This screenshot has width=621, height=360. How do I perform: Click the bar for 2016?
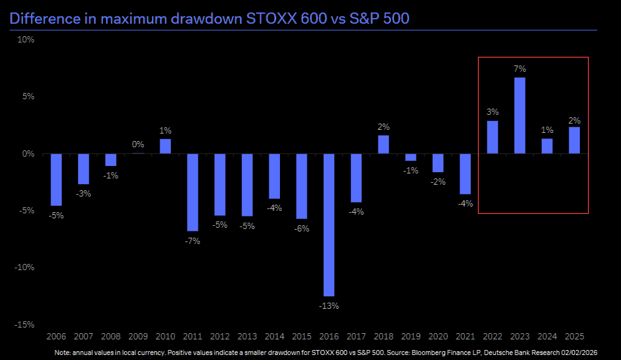[329, 225]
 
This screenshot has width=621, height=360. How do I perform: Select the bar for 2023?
[519, 115]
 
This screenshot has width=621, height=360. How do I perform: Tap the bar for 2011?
[193, 192]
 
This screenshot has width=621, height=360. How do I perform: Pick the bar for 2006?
[56, 180]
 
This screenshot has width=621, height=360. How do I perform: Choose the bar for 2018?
[383, 145]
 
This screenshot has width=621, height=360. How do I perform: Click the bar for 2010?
[165, 146]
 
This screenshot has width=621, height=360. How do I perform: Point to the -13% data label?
[329, 306]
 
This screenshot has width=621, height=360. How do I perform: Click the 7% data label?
[520, 69]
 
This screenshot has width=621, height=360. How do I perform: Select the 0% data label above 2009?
[138, 144]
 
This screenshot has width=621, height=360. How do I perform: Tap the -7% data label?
[193, 241]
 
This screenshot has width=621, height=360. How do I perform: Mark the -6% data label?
[302, 228]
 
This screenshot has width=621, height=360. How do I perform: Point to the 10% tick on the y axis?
[26, 39]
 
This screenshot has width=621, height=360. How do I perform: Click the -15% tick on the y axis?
[24, 324]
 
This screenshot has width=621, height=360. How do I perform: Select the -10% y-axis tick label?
[24, 267]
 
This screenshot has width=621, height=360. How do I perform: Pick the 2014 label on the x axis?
[274, 337]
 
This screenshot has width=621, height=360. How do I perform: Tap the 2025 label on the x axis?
[574, 337]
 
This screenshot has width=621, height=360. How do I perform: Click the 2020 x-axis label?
[438, 337]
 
